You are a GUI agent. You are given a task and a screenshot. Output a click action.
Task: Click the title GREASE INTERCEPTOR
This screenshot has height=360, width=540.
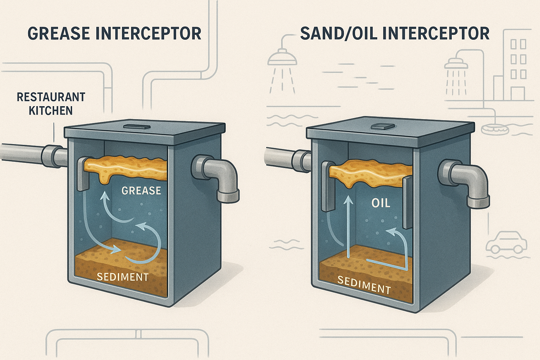tap(114, 33)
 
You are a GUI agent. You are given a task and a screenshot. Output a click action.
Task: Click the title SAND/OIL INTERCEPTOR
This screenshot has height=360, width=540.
tap(395, 33)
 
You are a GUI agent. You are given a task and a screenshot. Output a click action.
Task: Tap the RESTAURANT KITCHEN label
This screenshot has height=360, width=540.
tap(51, 104)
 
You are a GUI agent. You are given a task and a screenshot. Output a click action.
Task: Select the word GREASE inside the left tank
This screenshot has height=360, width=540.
tap(141, 191)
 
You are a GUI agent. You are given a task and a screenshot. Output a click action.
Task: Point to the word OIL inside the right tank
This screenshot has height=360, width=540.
tap(381, 203)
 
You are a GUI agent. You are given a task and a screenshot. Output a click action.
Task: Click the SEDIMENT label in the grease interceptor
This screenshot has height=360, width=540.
tap(123, 277)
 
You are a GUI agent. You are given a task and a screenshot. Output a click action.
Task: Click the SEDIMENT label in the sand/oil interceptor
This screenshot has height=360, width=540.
tap(364, 285)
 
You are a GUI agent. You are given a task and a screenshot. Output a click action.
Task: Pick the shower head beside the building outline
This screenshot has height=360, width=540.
tap(456, 63)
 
